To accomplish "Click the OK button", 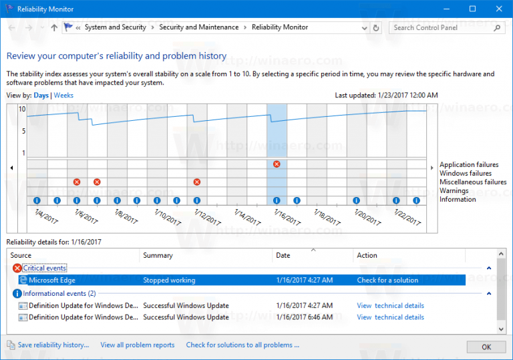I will point(486,347).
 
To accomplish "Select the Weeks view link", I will point(63,96).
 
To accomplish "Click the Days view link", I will point(41,96).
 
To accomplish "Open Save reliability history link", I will point(53,345).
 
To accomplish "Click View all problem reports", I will point(138,345).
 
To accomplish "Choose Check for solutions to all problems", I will point(242,345).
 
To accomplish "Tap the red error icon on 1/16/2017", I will point(277,164).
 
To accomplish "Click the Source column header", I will point(21,255).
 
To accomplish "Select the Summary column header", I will point(158,255).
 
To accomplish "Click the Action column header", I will point(367,255).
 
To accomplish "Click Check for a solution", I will point(387,281).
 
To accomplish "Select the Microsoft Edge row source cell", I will point(52,281).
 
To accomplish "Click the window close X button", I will point(498,9).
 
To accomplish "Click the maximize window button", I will point(472,9).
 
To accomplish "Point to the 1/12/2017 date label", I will point(208,217).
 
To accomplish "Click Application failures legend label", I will point(468,165).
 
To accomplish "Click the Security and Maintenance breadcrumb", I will point(199,27).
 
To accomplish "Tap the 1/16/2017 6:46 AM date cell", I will point(304,317).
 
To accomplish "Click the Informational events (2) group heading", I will point(59,293).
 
